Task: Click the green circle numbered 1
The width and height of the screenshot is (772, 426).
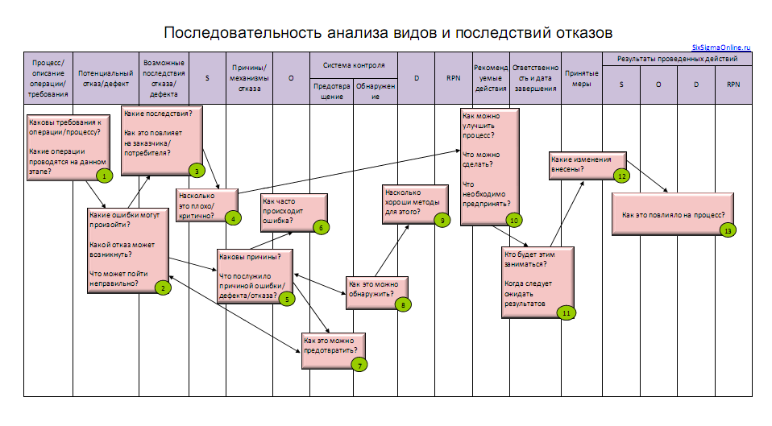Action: (103, 175)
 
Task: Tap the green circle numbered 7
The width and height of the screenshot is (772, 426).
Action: (359, 364)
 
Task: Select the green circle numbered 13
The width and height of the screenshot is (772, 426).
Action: (728, 230)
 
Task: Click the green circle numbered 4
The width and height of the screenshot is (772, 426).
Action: (232, 217)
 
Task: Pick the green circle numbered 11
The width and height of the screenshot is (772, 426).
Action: (567, 312)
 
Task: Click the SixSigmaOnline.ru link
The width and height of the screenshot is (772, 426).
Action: (721, 48)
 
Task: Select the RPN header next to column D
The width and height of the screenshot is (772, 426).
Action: (454, 79)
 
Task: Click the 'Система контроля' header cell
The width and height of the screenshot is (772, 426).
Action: (354, 64)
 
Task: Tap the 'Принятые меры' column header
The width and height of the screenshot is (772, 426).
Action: (582, 78)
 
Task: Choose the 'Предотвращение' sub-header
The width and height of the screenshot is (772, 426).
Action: (331, 89)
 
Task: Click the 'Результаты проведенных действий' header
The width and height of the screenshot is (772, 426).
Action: (677, 60)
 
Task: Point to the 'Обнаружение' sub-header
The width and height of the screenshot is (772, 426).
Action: (375, 89)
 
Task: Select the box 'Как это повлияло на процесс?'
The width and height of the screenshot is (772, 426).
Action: (673, 215)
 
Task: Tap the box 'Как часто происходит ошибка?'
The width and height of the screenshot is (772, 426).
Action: (289, 211)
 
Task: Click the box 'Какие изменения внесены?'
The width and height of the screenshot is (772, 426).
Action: (582, 163)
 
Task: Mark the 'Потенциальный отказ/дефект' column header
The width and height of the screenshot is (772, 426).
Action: (106, 78)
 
